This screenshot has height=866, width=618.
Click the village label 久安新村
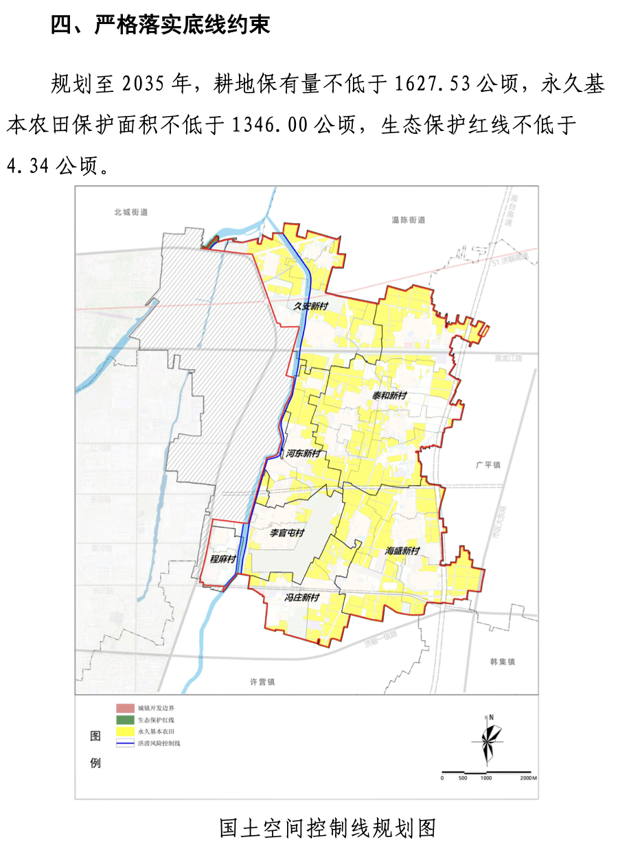[311, 307]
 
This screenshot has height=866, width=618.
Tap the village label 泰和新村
[389, 396]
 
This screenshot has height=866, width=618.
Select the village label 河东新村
[303, 454]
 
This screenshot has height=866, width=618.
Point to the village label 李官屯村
[286, 533]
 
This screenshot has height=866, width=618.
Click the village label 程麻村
[223, 559]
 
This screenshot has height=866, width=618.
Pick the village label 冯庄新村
[302, 598]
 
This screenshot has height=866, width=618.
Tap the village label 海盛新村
[402, 550]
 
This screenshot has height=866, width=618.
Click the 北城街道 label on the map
[131, 212]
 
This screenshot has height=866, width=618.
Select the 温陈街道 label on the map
[409, 220]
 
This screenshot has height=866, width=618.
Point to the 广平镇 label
[488, 465]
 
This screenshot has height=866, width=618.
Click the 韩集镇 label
[503, 662]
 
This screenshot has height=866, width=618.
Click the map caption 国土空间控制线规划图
[328, 828]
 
